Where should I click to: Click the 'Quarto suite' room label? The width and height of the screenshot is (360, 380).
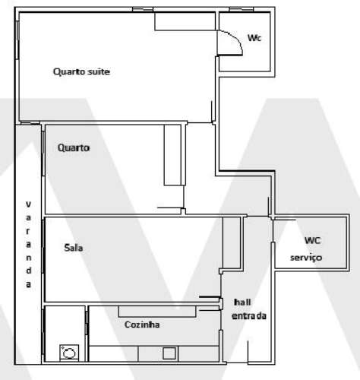(82, 72)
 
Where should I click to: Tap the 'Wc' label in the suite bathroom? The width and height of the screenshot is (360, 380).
(254, 39)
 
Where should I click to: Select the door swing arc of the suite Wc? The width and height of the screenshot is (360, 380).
(231, 41)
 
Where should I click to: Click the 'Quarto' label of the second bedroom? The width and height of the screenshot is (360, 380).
(74, 148)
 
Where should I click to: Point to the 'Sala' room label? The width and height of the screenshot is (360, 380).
(74, 248)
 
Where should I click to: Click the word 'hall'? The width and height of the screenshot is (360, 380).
(241, 301)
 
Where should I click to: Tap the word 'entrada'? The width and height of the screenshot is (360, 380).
(249, 315)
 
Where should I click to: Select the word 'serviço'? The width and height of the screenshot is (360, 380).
(307, 258)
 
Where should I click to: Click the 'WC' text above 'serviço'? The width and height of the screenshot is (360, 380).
(312, 241)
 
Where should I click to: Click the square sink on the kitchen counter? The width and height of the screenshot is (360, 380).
(169, 353)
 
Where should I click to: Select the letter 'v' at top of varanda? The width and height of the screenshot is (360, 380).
(28, 204)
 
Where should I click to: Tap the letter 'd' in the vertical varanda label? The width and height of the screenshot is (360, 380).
(28, 270)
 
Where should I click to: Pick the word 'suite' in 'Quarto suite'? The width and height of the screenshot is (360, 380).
(99, 72)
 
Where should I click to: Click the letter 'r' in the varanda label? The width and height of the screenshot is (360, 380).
(28, 229)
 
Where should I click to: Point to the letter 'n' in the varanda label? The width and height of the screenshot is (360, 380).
(28, 256)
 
